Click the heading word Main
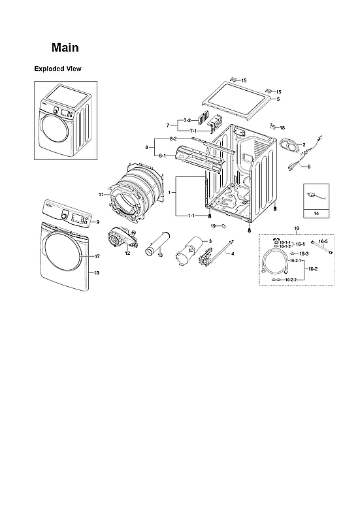[x=65, y=48]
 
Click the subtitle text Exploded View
[x=57, y=69]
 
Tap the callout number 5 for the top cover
[x=278, y=99]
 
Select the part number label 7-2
[x=186, y=121]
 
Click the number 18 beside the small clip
[x=282, y=128]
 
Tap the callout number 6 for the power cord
[x=308, y=167]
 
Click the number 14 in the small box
[x=317, y=214]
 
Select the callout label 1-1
[x=191, y=215]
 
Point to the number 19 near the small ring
[x=213, y=225]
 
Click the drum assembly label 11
[x=101, y=195]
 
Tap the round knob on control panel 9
[x=65, y=215]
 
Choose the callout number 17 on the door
[x=96, y=256]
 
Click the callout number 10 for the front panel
[x=96, y=272]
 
